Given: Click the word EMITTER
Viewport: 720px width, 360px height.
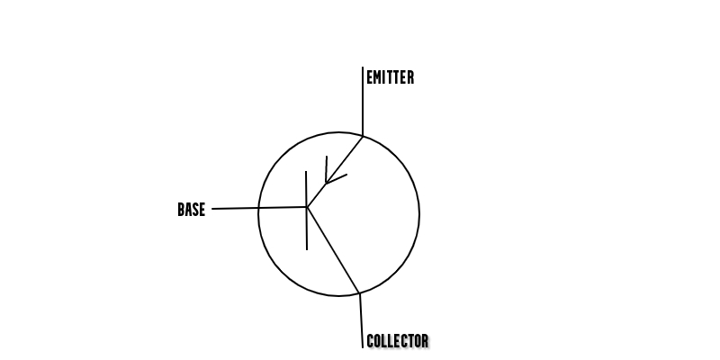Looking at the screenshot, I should click(x=390, y=78).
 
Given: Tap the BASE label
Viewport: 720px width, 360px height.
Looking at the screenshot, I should click(x=191, y=210).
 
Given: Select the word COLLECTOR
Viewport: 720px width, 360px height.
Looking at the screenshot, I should click(x=397, y=341).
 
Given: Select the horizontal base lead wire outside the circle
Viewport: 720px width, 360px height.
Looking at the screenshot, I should click(x=236, y=209).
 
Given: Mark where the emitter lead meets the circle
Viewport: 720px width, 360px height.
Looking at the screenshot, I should click(x=363, y=136).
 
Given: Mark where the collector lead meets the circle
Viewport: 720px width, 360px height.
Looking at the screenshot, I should click(x=359, y=293).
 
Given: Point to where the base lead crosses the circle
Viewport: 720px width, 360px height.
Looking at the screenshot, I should click(x=258, y=208).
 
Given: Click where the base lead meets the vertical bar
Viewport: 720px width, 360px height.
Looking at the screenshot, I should click(x=307, y=207).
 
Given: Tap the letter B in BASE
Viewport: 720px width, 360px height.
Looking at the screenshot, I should click(x=181, y=210).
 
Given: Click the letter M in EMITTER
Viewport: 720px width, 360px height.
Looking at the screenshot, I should click(x=377, y=78).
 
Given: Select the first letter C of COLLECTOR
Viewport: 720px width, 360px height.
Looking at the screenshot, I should click(x=370, y=341).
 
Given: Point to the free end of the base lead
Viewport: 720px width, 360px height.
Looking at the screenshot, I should click(x=213, y=209).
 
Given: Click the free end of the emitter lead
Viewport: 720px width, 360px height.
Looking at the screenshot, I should click(x=363, y=67).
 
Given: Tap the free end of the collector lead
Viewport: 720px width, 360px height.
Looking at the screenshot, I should click(x=362, y=346).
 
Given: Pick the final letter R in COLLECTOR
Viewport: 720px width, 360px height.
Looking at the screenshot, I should click(x=425, y=341).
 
